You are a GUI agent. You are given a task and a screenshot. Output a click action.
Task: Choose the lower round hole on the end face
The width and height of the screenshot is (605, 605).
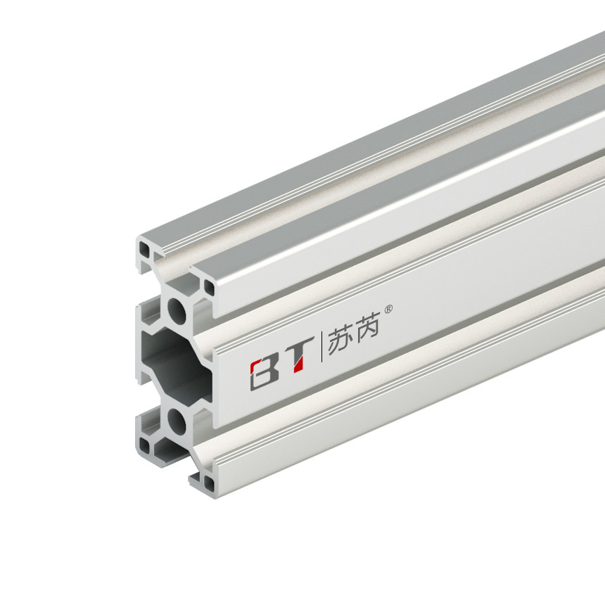(x=177, y=421)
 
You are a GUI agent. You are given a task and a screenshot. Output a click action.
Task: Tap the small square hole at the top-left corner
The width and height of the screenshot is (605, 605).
(x=144, y=248)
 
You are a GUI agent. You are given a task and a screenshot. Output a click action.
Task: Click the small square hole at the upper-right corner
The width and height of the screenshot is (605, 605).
(x=209, y=286)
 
